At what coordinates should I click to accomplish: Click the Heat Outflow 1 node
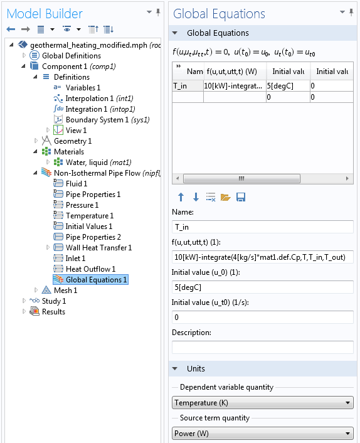90,269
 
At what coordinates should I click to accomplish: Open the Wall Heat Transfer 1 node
98,248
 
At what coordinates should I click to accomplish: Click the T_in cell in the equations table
188,86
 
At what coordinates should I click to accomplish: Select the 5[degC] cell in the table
288,86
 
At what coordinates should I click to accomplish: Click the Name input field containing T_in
263,227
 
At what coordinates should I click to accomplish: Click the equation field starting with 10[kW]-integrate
263,257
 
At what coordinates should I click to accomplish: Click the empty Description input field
263,347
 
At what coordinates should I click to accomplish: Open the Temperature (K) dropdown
263,403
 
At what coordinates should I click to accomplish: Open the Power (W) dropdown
263,433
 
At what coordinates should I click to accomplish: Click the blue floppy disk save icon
241,197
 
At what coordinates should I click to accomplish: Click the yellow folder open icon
225,197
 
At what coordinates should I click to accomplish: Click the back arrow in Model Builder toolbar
11,29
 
